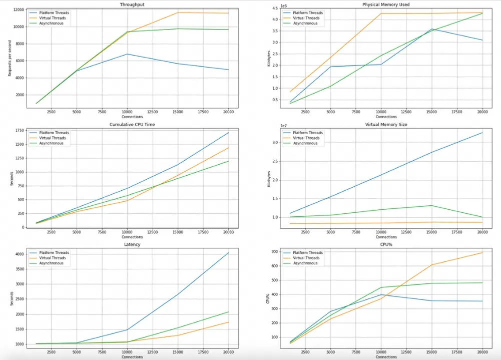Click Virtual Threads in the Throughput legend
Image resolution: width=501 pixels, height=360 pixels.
point(53,18)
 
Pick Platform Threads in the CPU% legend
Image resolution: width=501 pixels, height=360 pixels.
point(307,253)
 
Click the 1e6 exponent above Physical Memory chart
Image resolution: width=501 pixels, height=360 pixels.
point(283,6)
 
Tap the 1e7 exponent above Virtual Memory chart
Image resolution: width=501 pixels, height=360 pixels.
point(283,126)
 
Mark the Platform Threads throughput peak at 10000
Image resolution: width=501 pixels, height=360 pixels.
point(128,54)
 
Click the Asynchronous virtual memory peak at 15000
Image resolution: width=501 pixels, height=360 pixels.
point(432,205)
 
